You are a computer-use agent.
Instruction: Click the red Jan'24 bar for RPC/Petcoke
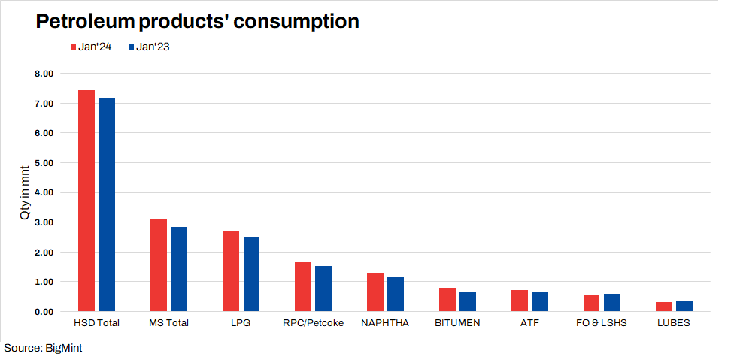[302, 286]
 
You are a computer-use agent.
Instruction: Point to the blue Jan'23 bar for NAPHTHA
[396, 294]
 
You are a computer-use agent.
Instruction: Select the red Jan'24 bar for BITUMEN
[447, 299]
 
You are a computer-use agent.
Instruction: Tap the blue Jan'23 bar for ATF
[540, 301]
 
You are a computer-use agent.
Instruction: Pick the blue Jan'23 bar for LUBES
[684, 306]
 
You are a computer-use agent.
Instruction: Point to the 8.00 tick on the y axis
[44, 74]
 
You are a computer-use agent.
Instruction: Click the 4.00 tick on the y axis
[44, 192]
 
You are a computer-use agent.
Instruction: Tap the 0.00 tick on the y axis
[44, 311]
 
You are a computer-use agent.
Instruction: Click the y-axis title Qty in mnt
[25, 193]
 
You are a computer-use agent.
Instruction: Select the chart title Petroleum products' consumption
[197, 21]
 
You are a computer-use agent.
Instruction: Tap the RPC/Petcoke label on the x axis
[313, 324]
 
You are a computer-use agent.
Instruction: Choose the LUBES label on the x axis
[673, 324]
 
